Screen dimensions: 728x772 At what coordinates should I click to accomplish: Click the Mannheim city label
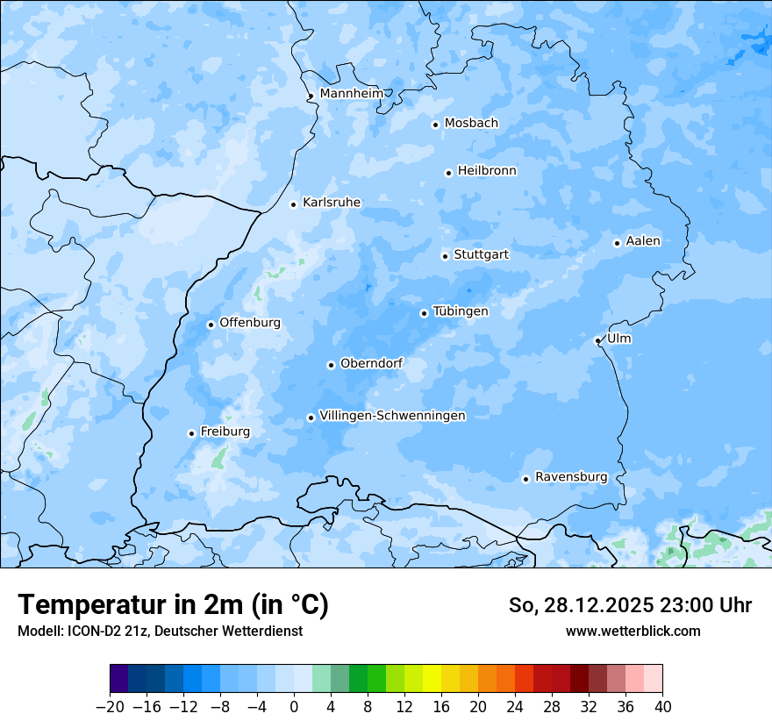click(x=351, y=94)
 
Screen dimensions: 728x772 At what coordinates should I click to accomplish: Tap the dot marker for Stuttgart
click(x=445, y=256)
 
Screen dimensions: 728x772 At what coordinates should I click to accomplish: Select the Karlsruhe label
click(x=331, y=203)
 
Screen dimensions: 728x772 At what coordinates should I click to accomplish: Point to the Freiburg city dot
click(x=191, y=433)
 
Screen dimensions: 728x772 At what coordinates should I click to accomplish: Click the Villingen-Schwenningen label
click(x=392, y=416)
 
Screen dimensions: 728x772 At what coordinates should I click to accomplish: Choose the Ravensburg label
click(x=570, y=477)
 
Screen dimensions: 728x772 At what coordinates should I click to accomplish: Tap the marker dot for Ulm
click(x=597, y=340)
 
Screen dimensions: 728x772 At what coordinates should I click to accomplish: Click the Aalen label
click(x=643, y=241)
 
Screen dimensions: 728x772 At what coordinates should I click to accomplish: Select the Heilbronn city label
click(x=487, y=171)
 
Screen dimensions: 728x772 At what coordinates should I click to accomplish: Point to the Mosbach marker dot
click(x=435, y=125)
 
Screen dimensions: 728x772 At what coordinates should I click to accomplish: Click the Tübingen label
click(x=461, y=311)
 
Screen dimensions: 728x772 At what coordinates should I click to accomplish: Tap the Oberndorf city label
click(x=371, y=363)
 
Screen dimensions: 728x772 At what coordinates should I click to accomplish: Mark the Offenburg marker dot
click(x=211, y=325)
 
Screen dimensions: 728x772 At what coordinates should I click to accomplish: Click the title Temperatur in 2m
click(x=173, y=605)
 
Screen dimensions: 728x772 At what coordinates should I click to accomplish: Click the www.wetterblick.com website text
click(x=633, y=631)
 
